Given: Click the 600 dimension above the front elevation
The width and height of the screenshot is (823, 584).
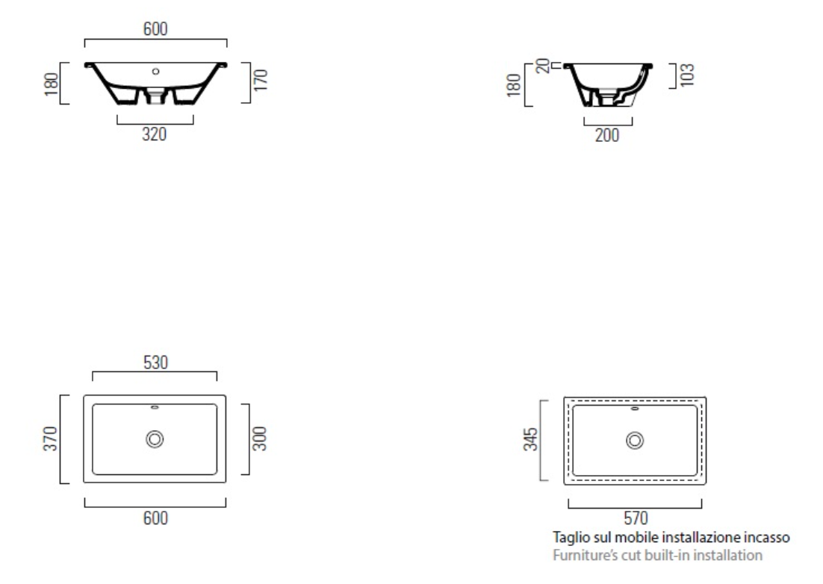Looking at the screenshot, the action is click(x=155, y=29).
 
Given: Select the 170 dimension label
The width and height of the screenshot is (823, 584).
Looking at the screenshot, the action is click(x=261, y=80).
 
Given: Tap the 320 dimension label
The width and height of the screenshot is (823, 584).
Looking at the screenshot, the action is click(x=155, y=134).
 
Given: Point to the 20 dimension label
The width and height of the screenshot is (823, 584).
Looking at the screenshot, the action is click(x=543, y=66).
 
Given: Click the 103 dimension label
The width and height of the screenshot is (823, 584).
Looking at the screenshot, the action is click(x=687, y=75).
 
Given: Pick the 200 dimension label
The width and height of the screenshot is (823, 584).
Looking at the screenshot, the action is click(x=607, y=135).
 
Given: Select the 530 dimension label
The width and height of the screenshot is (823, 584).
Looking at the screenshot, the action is click(x=155, y=363).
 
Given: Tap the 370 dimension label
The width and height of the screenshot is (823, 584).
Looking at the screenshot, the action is click(x=50, y=438).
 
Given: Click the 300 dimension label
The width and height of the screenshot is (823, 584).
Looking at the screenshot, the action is click(x=260, y=438).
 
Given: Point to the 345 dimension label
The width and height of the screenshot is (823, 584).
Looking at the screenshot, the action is click(x=531, y=439).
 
